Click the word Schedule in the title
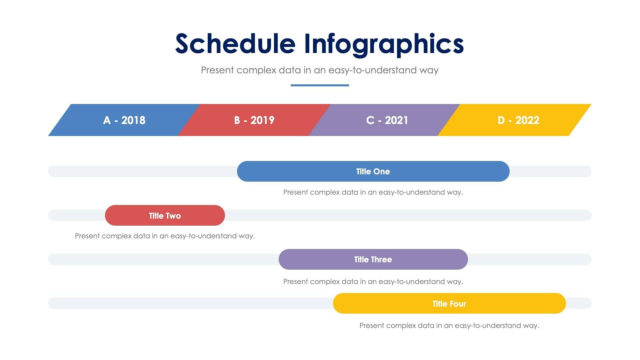click(x=235, y=44)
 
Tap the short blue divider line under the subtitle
click(x=320, y=85)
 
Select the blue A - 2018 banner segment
click(x=124, y=120)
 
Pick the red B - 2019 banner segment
click(x=254, y=120)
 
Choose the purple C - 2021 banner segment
click(x=387, y=120)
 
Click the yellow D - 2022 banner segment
click(x=518, y=120)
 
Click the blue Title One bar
click(x=373, y=171)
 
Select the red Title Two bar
click(x=165, y=215)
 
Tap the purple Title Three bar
click(x=373, y=259)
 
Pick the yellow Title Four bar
click(x=449, y=303)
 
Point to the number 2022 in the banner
click(x=527, y=120)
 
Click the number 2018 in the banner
click(x=133, y=120)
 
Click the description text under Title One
click(x=373, y=192)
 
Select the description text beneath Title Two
click(x=165, y=236)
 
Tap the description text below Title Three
click(x=373, y=282)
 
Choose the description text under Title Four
click(x=449, y=326)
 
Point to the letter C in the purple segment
click(x=370, y=120)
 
